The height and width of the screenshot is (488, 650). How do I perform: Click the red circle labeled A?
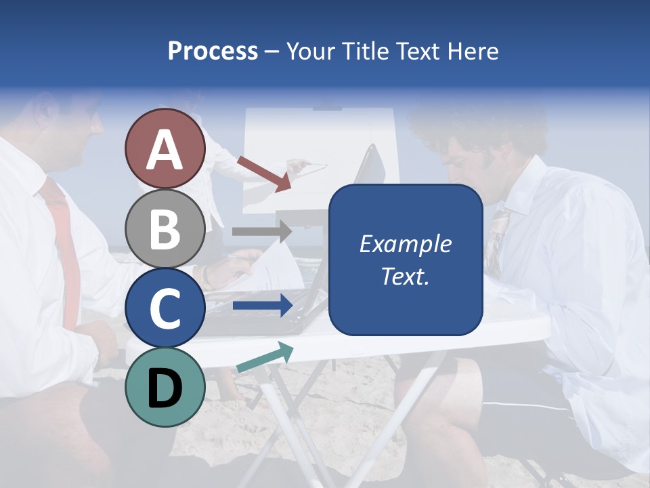pyautogui.click(x=165, y=149)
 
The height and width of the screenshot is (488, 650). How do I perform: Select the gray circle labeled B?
pyautogui.click(x=165, y=228)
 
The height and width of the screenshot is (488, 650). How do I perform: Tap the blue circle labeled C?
pyautogui.click(x=165, y=308)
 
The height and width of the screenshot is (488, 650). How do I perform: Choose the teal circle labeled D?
pyautogui.click(x=165, y=387)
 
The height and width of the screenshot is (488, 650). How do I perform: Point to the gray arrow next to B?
pyautogui.click(x=261, y=232)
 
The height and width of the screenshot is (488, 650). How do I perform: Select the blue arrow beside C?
pyautogui.click(x=261, y=306)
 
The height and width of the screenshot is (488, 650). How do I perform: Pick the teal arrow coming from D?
pyautogui.click(x=265, y=357)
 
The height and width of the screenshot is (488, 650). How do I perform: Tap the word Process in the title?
pyautogui.click(x=213, y=52)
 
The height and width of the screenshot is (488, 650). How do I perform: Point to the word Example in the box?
pyautogui.click(x=405, y=244)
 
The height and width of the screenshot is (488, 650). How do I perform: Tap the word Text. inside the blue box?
pyautogui.click(x=405, y=277)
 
